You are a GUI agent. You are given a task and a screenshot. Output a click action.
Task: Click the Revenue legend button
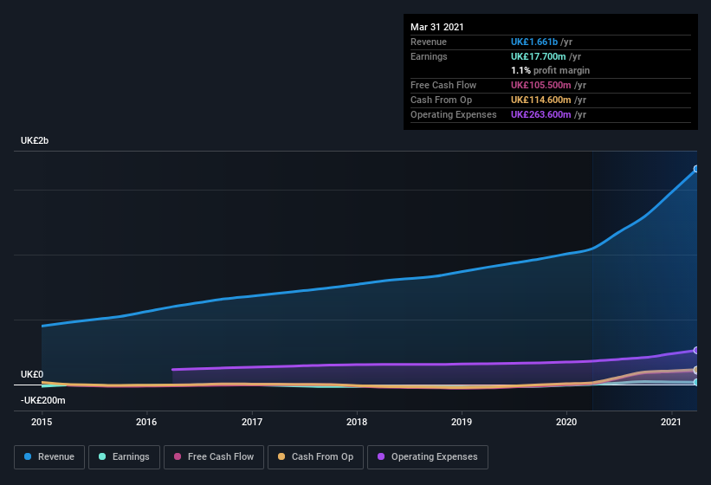[49, 456]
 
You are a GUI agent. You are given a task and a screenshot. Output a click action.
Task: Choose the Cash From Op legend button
[314, 456]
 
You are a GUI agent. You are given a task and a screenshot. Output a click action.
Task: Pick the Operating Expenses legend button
[427, 456]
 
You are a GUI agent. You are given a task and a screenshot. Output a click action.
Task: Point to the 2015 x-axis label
[42, 422]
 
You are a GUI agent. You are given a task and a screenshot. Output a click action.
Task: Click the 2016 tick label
[146, 422]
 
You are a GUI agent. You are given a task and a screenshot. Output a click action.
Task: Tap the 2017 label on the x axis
[252, 422]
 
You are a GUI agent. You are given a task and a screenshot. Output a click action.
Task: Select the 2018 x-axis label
[357, 422]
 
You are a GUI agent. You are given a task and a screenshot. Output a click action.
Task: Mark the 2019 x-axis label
[462, 422]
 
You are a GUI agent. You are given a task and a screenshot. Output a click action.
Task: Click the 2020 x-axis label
[566, 422]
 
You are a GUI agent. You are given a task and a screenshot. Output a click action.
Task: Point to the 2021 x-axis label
[671, 422]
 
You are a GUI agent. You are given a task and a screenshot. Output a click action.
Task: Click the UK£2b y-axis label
[35, 140]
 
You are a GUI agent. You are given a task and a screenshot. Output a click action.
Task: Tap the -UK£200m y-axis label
[43, 400]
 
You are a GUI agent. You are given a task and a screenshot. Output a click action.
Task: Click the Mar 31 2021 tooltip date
[437, 27]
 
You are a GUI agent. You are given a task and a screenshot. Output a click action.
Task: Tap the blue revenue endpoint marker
[696, 169]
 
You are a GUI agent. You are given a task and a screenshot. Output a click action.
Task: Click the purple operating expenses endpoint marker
[696, 350]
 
